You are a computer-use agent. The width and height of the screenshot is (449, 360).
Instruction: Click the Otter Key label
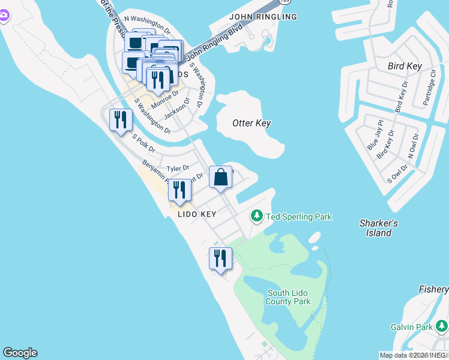coord(252,123)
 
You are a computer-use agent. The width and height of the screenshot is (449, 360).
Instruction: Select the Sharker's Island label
coord(378,228)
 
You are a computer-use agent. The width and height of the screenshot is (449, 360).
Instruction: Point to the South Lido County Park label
coord(289,297)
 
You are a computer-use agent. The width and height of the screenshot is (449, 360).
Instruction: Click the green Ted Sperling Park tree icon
coord(257,215)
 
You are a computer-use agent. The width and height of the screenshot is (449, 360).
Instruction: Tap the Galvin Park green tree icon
coord(442,326)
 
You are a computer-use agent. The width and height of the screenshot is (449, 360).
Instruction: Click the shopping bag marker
coord(221,177)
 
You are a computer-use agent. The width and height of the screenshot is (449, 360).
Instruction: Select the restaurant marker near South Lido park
coord(220,259)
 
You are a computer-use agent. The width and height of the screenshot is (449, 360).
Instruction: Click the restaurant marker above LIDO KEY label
coord(179,190)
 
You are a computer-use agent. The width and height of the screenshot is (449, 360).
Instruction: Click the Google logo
coord(20,353)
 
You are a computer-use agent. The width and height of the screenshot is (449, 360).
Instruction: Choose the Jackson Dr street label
coord(176,109)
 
